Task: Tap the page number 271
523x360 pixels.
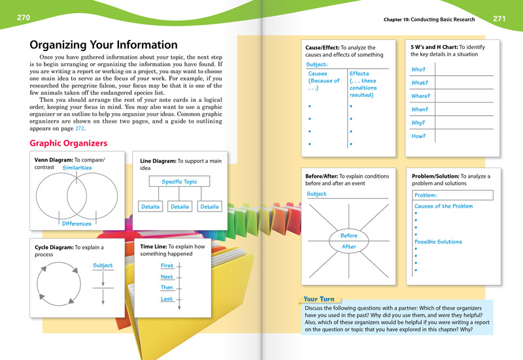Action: click(x=499, y=18)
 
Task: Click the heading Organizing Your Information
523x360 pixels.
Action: click(x=104, y=45)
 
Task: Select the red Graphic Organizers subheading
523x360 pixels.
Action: click(x=69, y=143)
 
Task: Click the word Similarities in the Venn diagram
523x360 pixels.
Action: click(x=77, y=168)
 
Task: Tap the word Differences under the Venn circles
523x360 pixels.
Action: click(x=77, y=224)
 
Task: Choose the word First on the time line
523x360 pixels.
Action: click(x=167, y=266)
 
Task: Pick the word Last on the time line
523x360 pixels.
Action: click(x=167, y=299)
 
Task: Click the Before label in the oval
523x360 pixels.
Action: click(x=348, y=235)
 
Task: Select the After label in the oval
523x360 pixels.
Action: click(x=348, y=246)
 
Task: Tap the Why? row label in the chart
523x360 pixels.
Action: click(x=418, y=122)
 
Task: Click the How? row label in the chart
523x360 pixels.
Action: click(x=418, y=136)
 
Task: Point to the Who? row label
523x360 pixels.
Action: click(x=418, y=69)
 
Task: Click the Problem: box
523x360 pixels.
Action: click(x=452, y=195)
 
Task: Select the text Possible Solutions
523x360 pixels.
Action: click(x=438, y=242)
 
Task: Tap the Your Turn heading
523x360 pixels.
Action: click(x=319, y=299)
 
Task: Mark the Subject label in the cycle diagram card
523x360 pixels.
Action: click(x=103, y=266)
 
